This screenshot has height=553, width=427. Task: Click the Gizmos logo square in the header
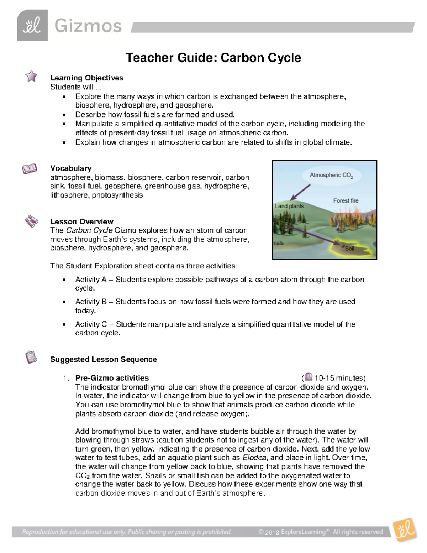tap(32, 26)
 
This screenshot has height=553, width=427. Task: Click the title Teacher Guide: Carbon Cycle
tap(213, 58)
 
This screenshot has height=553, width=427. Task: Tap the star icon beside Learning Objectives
tap(31, 76)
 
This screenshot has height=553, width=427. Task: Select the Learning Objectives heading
tap(86, 78)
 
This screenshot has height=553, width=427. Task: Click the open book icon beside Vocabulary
tap(30, 168)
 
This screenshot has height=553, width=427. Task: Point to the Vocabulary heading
tap(71, 168)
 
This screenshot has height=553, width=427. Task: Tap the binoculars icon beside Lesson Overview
tap(31, 221)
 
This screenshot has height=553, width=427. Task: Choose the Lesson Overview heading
tap(81, 221)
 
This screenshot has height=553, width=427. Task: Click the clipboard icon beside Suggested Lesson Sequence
tap(31, 357)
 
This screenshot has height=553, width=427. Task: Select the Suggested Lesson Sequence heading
tap(104, 359)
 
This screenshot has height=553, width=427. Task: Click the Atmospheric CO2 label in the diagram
tap(331, 175)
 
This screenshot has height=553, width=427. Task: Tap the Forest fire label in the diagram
tap(346, 201)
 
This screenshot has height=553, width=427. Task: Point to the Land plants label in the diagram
tap(289, 206)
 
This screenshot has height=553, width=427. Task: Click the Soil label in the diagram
tap(349, 249)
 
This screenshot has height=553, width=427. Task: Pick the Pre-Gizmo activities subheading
tap(112, 378)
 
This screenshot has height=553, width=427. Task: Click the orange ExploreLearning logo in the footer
tap(405, 529)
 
